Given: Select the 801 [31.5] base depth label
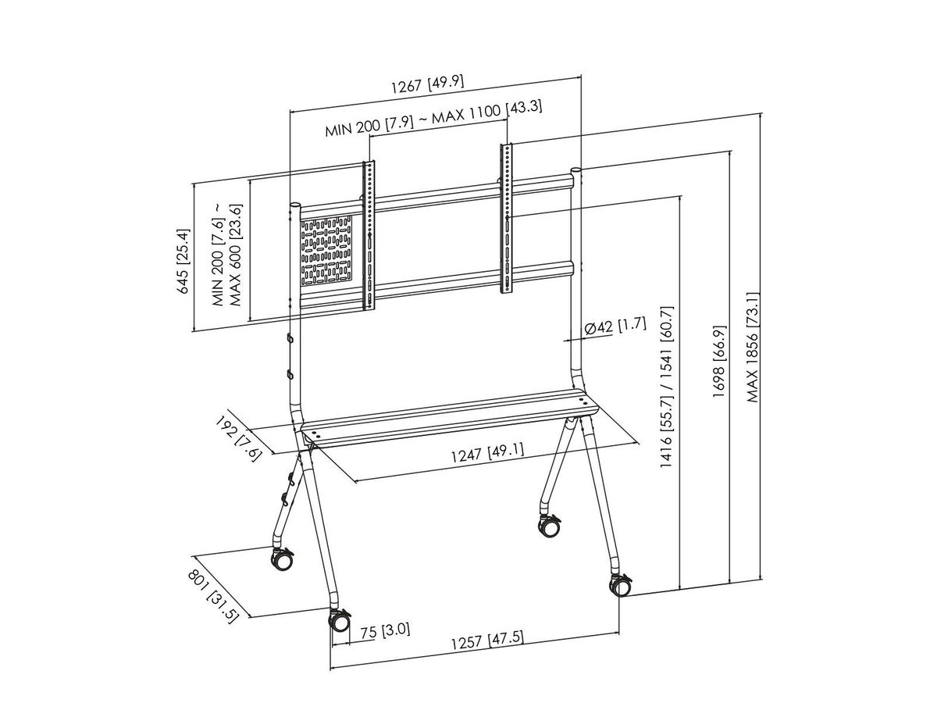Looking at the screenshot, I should point(212,595).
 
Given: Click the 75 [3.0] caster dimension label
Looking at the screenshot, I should point(385,630).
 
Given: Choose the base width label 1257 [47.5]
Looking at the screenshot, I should point(486,642).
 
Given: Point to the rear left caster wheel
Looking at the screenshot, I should point(281,559).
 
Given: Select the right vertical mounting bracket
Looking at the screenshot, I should point(508,219).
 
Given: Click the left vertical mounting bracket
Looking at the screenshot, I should point(369,234).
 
